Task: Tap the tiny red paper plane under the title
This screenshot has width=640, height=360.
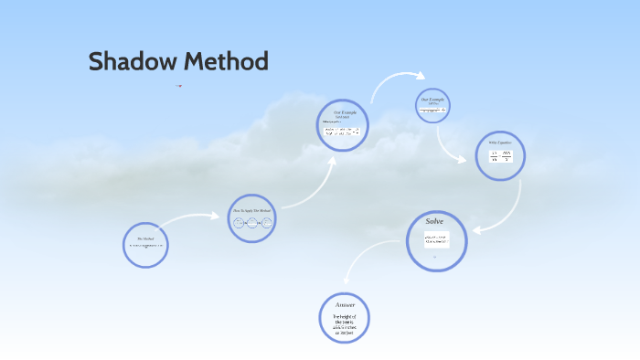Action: click(x=179, y=86)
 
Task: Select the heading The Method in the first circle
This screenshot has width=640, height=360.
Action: click(x=145, y=238)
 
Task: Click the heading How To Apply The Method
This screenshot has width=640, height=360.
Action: click(x=251, y=210)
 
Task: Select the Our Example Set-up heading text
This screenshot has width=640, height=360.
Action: click(x=342, y=114)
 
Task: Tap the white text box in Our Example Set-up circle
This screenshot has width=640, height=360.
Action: click(x=342, y=131)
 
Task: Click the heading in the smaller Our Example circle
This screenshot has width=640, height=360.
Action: click(x=433, y=99)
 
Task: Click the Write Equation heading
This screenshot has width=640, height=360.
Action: click(x=500, y=143)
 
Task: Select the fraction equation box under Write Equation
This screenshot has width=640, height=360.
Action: click(x=500, y=156)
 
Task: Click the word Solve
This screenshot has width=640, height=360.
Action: click(x=434, y=221)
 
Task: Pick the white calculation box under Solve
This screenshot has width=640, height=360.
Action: click(x=436, y=239)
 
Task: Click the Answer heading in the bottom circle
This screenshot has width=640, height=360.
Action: click(x=345, y=304)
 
